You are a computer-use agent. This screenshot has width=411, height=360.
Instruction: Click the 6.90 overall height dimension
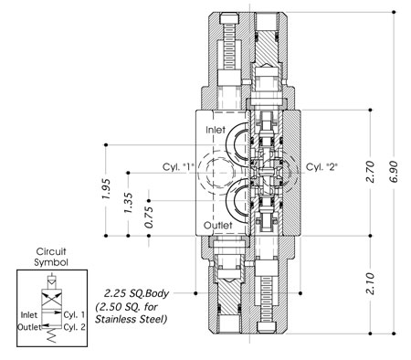click(x=394, y=172)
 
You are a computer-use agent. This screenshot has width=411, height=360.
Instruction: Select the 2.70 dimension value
click(x=370, y=172)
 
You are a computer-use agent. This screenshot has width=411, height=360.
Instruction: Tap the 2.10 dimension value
click(x=370, y=283)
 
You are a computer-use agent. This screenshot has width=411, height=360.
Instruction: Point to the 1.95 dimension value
click(x=106, y=189)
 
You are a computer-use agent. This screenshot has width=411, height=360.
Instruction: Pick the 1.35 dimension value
click(x=128, y=203)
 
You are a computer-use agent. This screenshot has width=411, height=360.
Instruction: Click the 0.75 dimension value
click(x=149, y=217)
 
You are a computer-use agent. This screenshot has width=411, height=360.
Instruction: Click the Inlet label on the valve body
click(x=216, y=130)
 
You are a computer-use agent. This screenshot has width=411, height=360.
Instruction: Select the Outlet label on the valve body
click(x=217, y=226)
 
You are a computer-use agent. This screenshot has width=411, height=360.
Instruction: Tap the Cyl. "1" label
click(x=178, y=167)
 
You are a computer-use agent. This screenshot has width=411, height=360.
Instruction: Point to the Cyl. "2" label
click(x=321, y=167)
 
